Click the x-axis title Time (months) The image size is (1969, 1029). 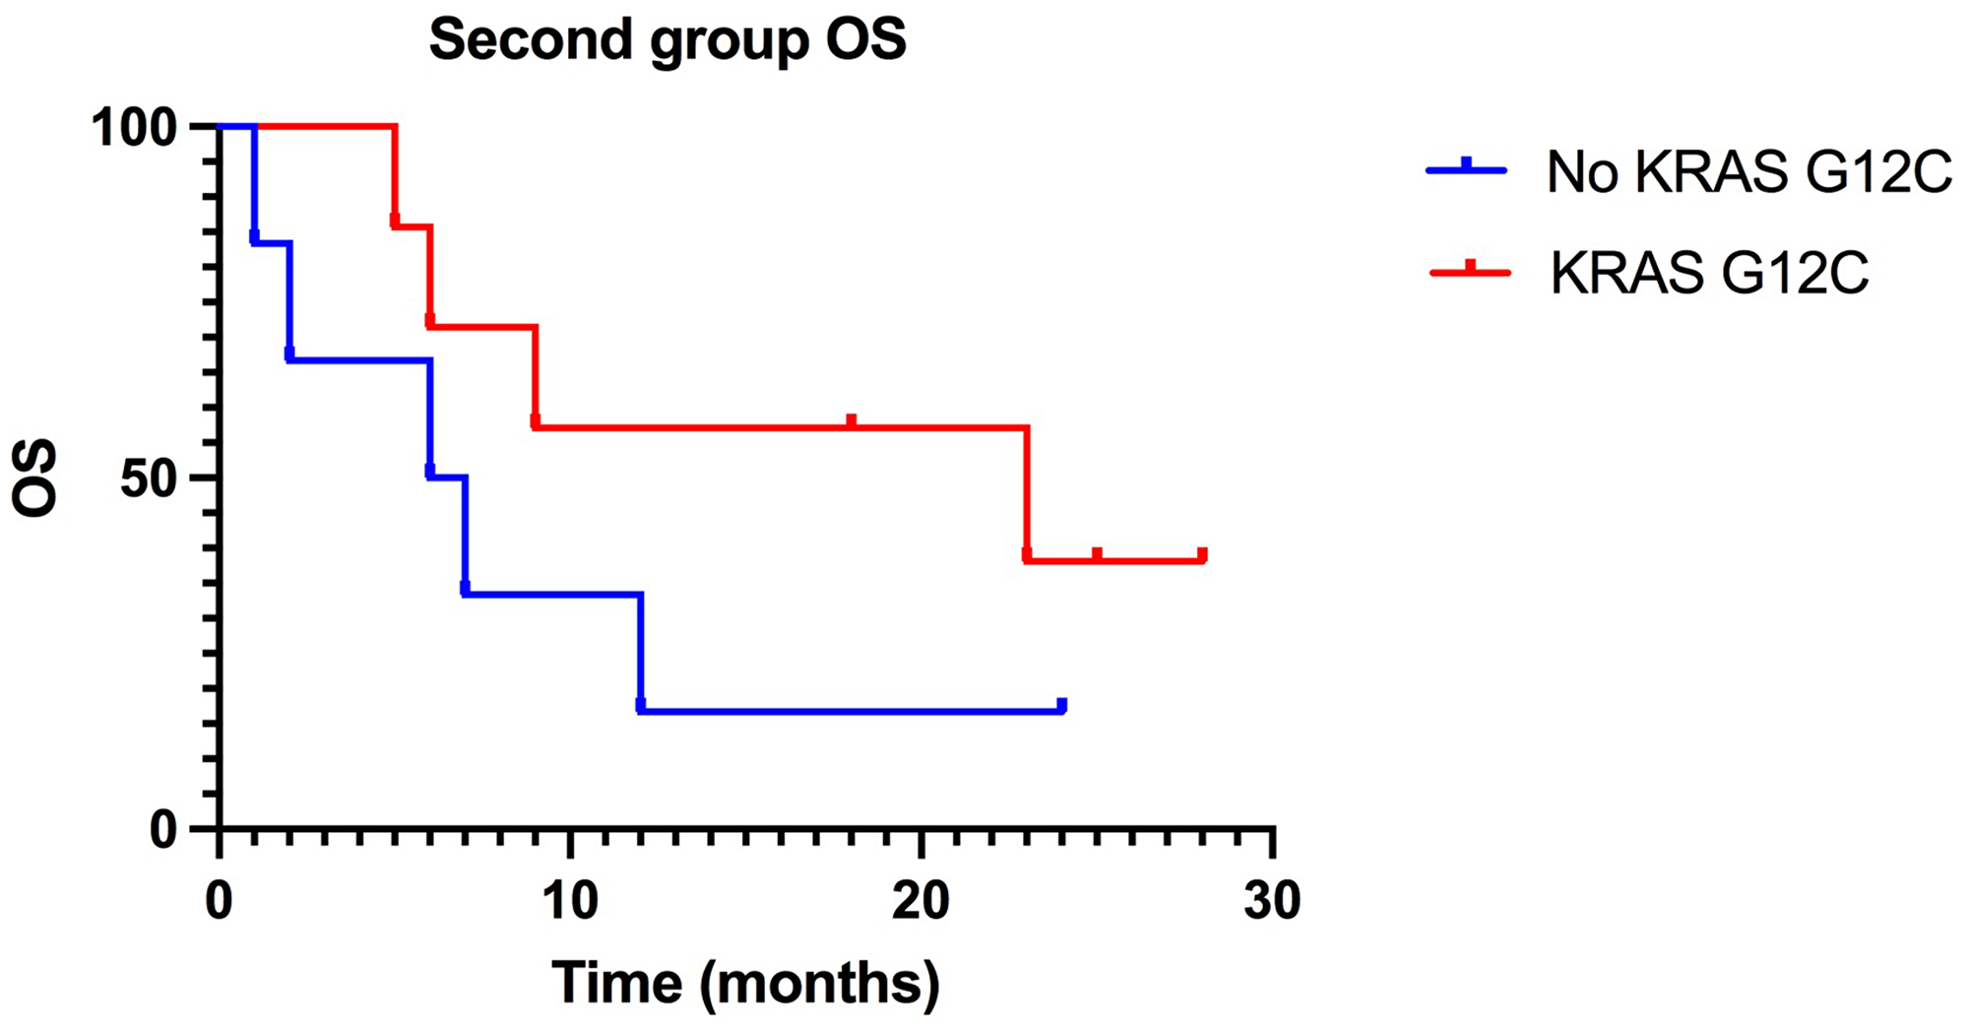pos(745,983)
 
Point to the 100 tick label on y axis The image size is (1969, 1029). pos(148,128)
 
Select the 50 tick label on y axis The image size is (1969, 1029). pos(161,479)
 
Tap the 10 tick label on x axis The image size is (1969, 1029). pos(570,901)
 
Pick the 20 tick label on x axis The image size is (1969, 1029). pos(921,901)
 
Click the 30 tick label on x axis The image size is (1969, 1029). pos(1272,901)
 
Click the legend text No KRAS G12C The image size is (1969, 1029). pos(1748,172)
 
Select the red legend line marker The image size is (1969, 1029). pos(1469,271)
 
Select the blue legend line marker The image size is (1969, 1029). pos(1466,169)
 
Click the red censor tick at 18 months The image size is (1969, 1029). pos(852,422)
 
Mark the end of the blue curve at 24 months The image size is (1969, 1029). pos(1061,706)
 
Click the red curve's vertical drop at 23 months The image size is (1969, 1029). pos(1027,492)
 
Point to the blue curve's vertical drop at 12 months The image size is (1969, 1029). pos(641,650)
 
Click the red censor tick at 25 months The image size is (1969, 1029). pos(1097,555)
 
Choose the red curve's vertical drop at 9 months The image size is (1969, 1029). pos(536,374)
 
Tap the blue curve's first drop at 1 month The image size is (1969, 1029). pos(254,182)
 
